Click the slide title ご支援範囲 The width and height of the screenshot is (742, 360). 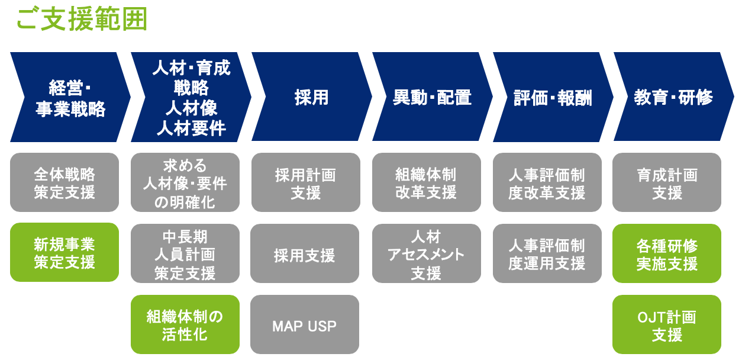82,19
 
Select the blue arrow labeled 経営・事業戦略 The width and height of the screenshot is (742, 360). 70,97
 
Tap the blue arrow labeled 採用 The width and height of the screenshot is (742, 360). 312,97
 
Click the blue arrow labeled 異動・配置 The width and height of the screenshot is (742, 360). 433,97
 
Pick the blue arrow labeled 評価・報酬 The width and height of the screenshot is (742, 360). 553,97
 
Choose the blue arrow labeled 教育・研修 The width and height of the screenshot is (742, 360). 673,97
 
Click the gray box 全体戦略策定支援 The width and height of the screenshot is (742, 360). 64,182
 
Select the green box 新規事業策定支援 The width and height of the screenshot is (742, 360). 64,252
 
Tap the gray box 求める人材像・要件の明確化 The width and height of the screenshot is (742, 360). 185,182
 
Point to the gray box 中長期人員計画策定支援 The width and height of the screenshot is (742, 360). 185,253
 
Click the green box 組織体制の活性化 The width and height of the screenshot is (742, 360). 185,324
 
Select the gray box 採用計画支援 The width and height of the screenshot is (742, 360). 306,182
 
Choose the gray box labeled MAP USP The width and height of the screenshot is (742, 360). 304,324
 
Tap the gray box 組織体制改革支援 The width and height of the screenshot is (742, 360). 426,182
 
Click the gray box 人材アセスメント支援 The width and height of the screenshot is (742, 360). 426,253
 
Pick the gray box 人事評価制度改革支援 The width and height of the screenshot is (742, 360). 547,182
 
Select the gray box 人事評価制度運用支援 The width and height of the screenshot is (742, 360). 547,253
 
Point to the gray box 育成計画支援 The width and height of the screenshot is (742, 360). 667,182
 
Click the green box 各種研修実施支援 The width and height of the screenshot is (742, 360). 667,253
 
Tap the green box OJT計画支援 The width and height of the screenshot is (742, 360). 667,324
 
